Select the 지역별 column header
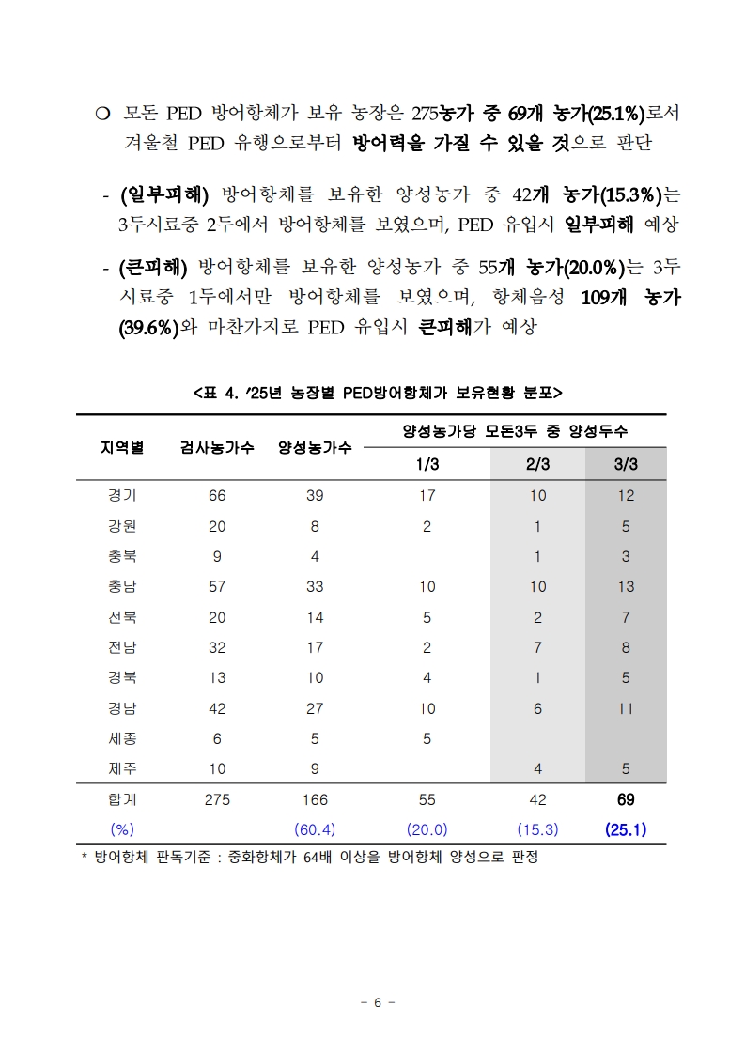[x=122, y=447]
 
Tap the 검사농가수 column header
[x=217, y=447]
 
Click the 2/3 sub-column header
[x=537, y=464]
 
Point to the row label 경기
[x=122, y=495]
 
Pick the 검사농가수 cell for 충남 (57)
[x=217, y=586]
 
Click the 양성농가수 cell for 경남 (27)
[x=315, y=708]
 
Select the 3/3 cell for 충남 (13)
[x=626, y=586]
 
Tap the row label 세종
[x=122, y=738]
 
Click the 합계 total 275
[x=217, y=799]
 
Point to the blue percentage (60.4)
[x=315, y=829]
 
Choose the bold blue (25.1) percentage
[x=626, y=829]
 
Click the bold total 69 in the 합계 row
[x=626, y=799]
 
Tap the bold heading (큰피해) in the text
[x=154, y=267]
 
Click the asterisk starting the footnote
[x=84, y=858]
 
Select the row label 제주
[x=122, y=768]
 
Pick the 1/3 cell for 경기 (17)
[x=427, y=495]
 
